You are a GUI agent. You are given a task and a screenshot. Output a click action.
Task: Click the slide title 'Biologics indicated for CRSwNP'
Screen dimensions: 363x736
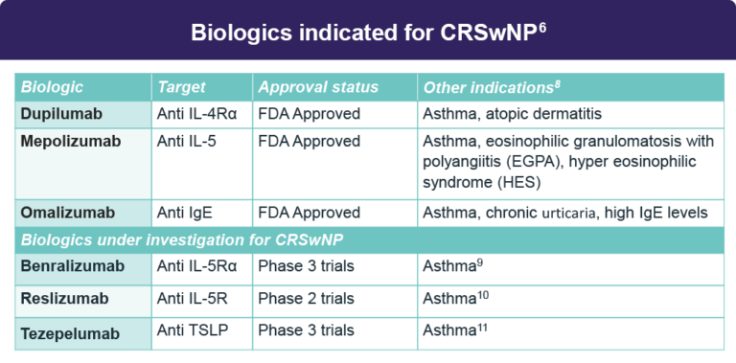click(x=368, y=32)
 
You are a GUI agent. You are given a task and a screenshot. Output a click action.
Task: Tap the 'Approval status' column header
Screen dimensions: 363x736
click(x=318, y=87)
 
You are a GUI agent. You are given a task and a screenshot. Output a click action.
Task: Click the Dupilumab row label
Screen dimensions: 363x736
click(x=61, y=114)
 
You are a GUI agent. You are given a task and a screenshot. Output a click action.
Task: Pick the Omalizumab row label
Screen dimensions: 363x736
click(x=66, y=213)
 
